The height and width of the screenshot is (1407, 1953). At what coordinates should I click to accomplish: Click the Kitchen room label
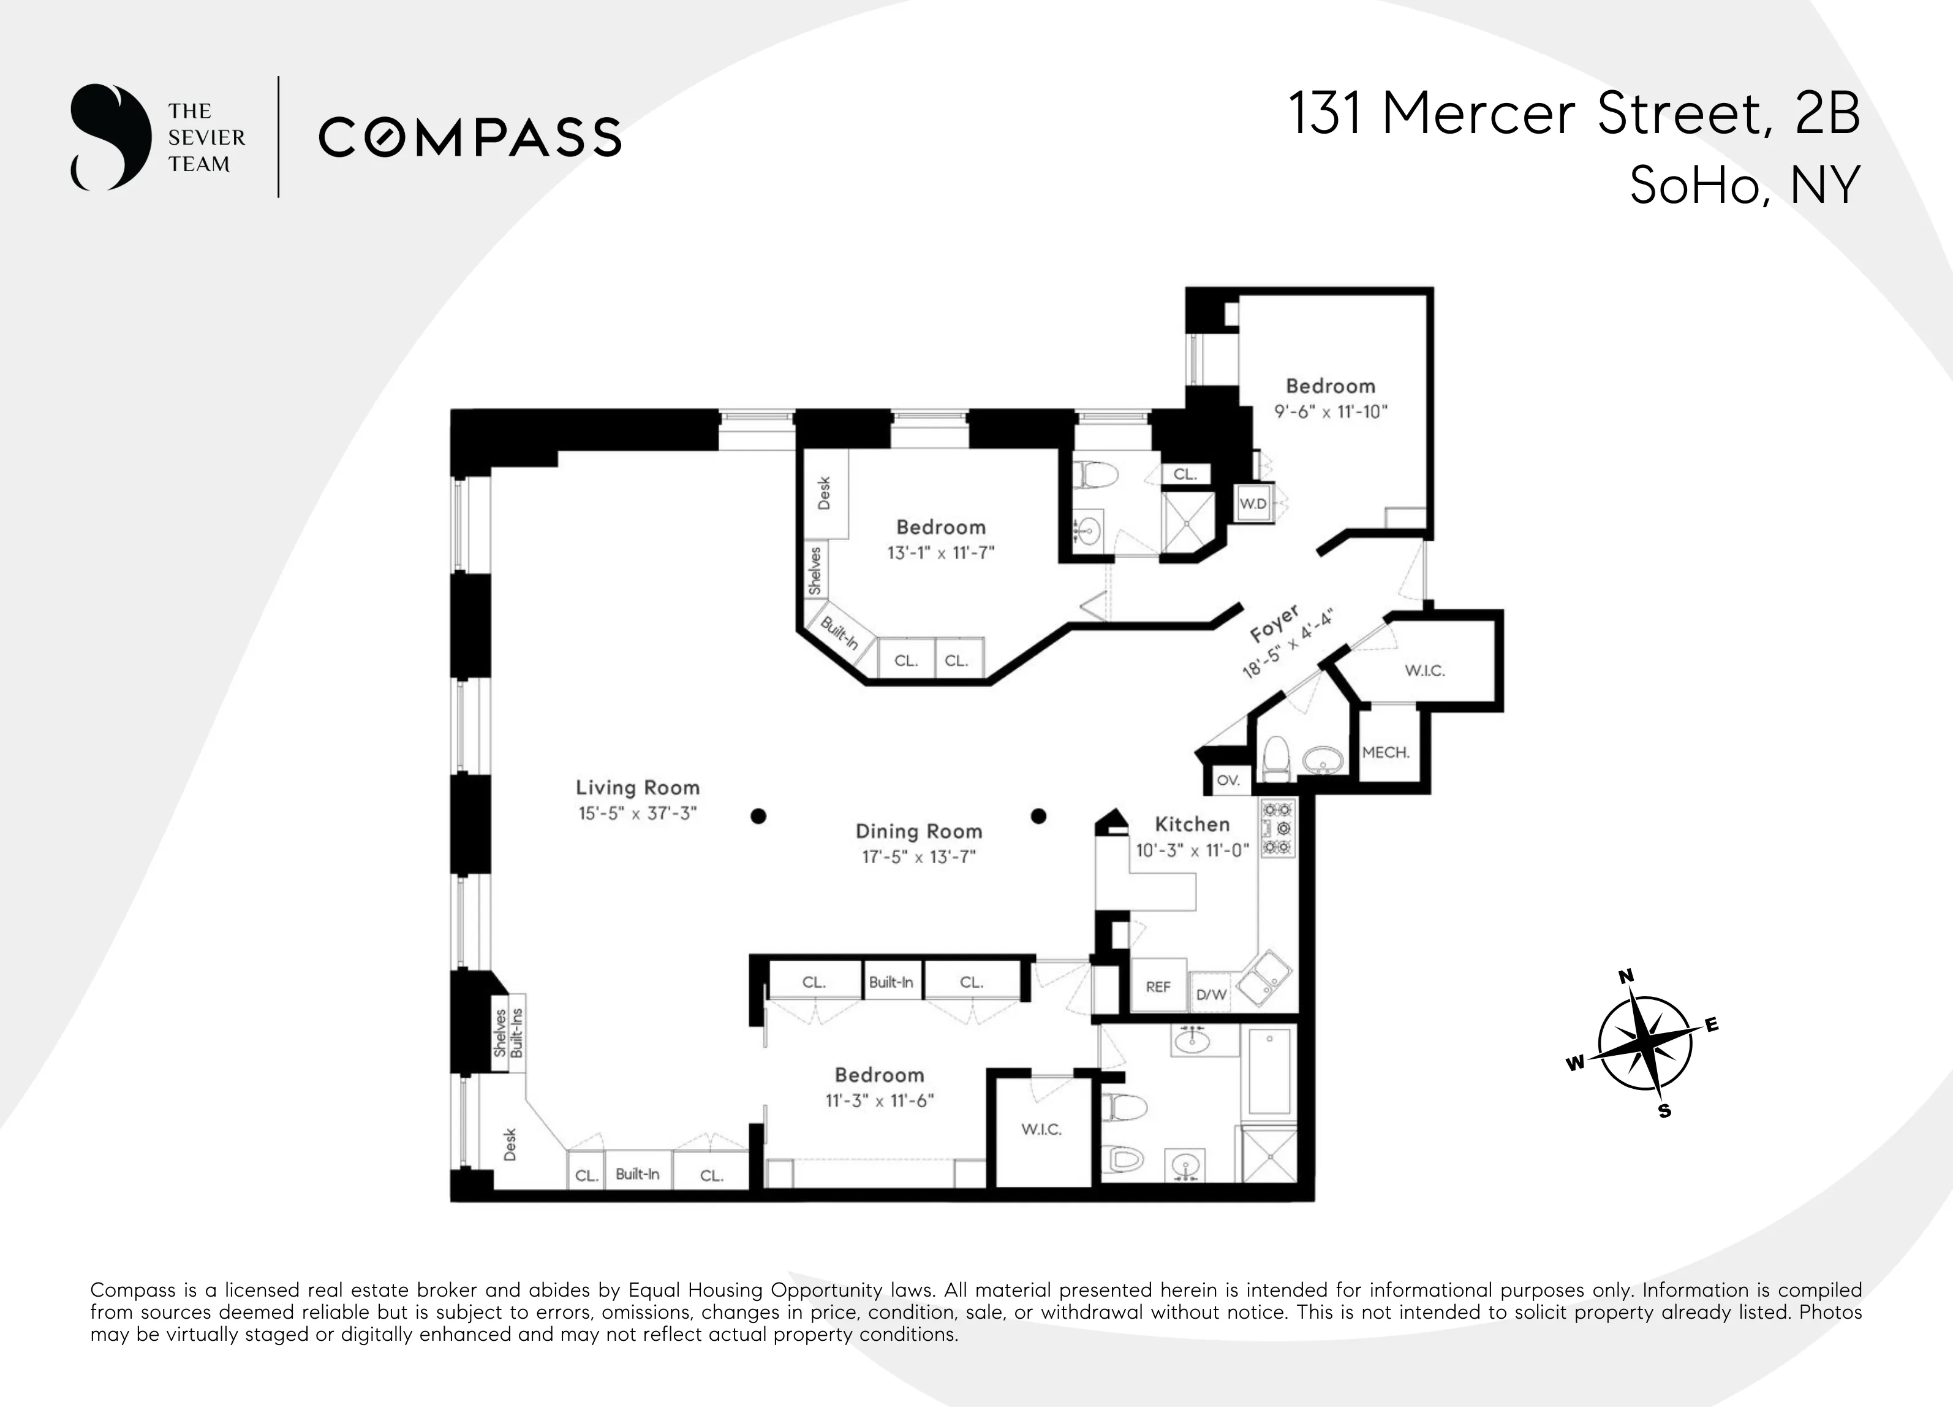coord(1192,825)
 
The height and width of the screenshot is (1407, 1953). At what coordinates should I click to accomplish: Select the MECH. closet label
coord(1386,752)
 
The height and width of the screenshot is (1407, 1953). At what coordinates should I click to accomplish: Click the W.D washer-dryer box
coord(1253,504)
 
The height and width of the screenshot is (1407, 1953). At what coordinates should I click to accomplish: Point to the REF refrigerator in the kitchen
coord(1158,986)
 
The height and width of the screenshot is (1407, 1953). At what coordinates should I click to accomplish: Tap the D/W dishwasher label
coord(1211,995)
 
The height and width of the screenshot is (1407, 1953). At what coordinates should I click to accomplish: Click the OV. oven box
coord(1228,780)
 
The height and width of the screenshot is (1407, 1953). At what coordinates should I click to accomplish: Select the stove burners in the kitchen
coord(1277,828)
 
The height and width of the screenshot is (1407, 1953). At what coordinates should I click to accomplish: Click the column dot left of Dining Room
coord(758,816)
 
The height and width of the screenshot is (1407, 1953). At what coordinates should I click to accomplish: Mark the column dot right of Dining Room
coord(1038,816)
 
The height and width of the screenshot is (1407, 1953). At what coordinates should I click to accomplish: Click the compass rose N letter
coord(1626,976)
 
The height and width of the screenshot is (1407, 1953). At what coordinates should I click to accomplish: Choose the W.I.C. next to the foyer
coord(1424,670)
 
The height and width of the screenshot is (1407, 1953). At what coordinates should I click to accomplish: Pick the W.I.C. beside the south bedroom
coord(1041,1129)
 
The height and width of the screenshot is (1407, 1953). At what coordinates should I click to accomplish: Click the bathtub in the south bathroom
coord(1269,1073)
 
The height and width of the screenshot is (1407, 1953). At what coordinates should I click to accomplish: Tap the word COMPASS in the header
coord(470,138)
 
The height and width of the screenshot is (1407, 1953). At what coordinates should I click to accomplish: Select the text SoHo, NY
coord(1745,185)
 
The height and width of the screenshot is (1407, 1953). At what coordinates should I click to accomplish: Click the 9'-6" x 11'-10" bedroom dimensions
coord(1331,412)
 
